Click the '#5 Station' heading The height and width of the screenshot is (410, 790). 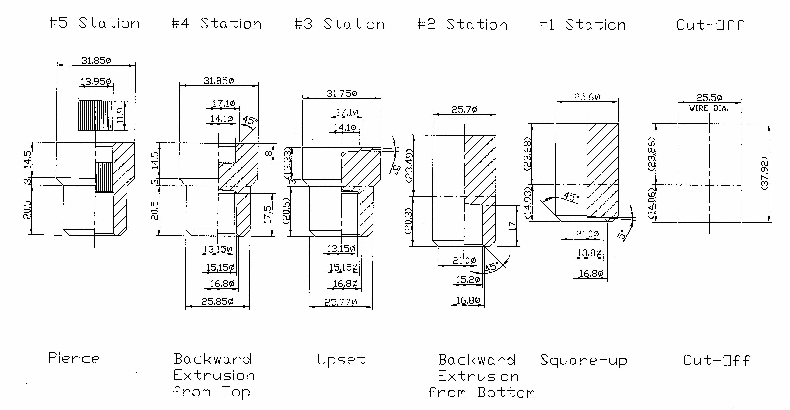(94, 23)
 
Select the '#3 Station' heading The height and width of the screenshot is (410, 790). (339, 24)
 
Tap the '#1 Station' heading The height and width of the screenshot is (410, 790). (583, 25)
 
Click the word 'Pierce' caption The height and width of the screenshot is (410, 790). (74, 358)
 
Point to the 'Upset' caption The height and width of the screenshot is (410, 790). (341, 359)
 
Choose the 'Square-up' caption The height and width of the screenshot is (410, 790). (584, 361)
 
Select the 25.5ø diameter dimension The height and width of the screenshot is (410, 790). (709, 98)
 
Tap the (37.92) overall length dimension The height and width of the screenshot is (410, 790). (765, 173)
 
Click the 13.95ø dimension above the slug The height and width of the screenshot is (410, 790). (96, 82)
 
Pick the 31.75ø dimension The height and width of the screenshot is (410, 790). (342, 93)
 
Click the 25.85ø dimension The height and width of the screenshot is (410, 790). (217, 302)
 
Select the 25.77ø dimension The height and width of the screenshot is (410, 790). (341, 302)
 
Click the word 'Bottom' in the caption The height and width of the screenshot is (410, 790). (506, 392)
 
